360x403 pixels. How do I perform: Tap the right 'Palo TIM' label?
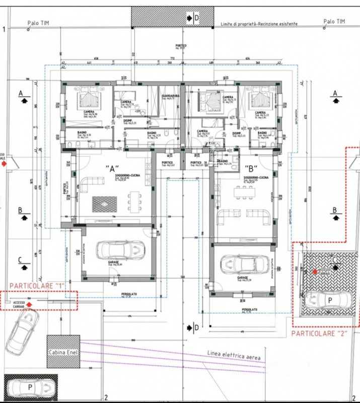(x=335, y=21)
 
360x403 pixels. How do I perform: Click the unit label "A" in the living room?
(x=111, y=169)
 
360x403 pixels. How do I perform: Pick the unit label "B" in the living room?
(x=250, y=169)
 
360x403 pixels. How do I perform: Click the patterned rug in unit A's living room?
(x=105, y=204)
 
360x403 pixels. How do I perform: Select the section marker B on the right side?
(x=334, y=214)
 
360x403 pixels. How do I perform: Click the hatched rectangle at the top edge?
(x=157, y=17)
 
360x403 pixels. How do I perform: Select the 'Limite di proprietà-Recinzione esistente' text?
(x=259, y=24)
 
